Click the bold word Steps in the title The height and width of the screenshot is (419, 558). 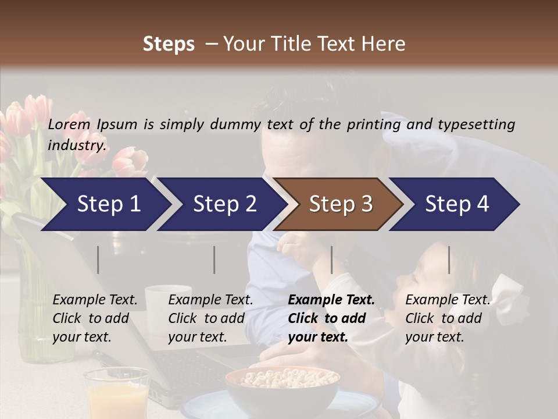point(169,44)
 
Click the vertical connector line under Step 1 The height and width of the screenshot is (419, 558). point(98,260)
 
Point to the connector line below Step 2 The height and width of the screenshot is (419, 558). point(214,260)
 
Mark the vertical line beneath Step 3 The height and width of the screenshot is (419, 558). point(331,260)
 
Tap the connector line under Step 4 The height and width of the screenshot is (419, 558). point(449,260)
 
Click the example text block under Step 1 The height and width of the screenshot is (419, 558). point(95,318)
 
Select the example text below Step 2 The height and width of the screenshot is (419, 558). point(210,318)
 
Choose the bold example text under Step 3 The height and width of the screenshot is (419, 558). point(331,318)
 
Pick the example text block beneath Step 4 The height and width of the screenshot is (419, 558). point(448,318)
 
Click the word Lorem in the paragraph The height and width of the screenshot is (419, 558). point(69,124)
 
